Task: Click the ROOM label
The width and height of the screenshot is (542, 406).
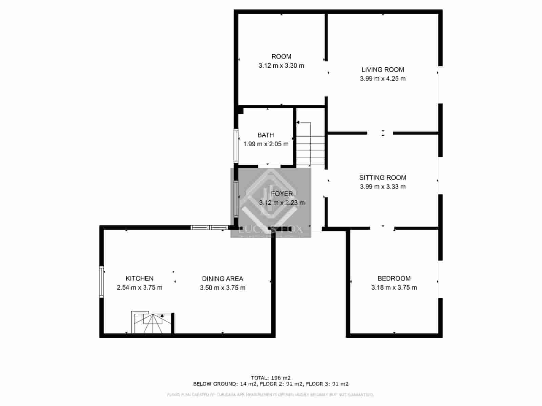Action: point(281,57)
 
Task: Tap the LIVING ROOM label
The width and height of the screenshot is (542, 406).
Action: point(382,70)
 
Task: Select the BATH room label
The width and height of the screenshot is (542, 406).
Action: point(266,135)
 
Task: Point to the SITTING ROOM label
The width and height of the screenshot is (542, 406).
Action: point(382,178)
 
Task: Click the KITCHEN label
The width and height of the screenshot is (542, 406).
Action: point(140,278)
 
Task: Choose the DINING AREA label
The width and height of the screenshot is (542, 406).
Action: point(223,279)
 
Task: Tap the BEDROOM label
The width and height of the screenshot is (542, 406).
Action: point(394,278)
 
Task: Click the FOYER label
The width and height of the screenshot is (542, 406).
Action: point(282,194)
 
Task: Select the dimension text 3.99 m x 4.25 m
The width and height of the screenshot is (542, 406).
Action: point(382,79)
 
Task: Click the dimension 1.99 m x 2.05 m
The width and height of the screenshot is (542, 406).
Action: point(266,144)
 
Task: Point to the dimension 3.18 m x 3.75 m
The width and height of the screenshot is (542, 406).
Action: point(394,288)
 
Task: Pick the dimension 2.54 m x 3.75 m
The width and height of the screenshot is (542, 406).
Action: point(140,288)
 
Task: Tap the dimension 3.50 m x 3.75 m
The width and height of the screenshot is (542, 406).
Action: point(223,288)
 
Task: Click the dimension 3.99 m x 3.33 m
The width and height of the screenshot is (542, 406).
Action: point(382,187)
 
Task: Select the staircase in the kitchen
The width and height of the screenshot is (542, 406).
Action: point(152,322)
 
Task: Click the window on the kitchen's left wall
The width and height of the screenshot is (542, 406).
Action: point(101,282)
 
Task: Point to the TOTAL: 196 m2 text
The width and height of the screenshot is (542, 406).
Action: point(271,378)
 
